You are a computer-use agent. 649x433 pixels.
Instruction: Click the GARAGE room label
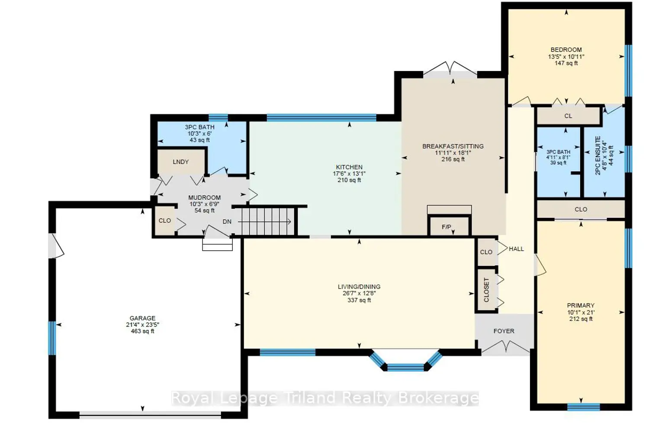[x=142, y=318]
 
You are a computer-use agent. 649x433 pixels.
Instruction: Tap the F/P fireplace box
[x=449, y=226]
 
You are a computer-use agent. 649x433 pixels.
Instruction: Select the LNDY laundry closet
[x=181, y=161]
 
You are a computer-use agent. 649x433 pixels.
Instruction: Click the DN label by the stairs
[x=227, y=222]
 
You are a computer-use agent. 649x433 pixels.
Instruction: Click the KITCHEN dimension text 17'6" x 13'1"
[x=349, y=174]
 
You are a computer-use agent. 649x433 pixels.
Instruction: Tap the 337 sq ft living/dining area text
[x=359, y=300]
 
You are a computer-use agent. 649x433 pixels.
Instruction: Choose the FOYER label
[x=504, y=331]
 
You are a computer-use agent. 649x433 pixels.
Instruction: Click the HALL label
[x=516, y=249]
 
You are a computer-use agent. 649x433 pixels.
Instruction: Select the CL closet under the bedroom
[x=568, y=116]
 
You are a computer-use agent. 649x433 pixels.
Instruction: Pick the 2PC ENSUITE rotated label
[x=598, y=155]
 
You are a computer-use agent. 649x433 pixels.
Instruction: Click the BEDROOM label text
[x=566, y=50]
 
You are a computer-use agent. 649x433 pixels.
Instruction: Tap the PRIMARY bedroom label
[x=581, y=305]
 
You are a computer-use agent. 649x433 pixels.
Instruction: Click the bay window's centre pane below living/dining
[x=406, y=368]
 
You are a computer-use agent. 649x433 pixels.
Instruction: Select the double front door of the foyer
[x=506, y=348]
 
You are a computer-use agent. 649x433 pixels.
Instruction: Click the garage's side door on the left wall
[x=56, y=246]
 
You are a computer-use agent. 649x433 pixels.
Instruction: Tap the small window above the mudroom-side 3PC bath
[x=218, y=117]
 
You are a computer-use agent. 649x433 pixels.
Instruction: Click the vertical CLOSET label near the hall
[x=486, y=290]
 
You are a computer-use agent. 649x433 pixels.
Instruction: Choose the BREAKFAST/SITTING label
[x=453, y=146]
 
